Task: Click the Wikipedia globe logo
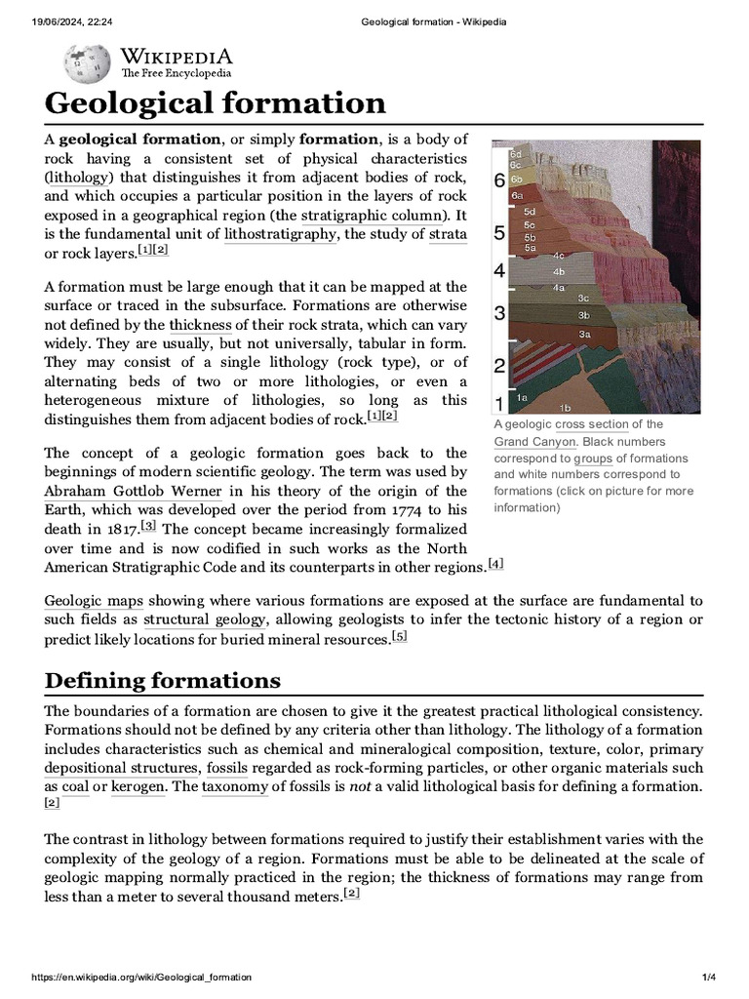pyautogui.click(x=87, y=62)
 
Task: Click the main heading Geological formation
pyautogui.click(x=215, y=103)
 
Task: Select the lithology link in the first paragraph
pyautogui.click(x=80, y=178)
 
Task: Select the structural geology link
pyautogui.click(x=205, y=620)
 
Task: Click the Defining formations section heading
pyautogui.click(x=163, y=680)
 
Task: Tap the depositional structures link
pyautogui.click(x=121, y=768)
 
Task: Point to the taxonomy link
pyautogui.click(x=235, y=787)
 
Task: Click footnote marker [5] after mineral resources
pyautogui.click(x=399, y=637)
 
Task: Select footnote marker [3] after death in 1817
pyautogui.click(x=148, y=526)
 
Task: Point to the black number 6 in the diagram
pyautogui.click(x=499, y=180)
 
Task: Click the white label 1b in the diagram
pyautogui.click(x=565, y=406)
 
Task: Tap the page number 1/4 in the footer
pyautogui.click(x=710, y=977)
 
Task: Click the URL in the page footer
pyautogui.click(x=141, y=977)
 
